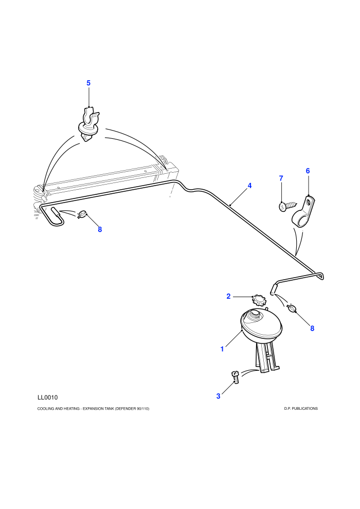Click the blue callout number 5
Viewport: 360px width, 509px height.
(x=88, y=83)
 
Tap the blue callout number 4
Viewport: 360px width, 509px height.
(x=249, y=186)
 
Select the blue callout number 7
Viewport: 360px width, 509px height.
(x=281, y=178)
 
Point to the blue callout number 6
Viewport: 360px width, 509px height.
(x=308, y=171)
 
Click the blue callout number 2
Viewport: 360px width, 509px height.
(x=228, y=296)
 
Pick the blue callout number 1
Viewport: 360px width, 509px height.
(x=222, y=349)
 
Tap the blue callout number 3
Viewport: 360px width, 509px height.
(x=218, y=396)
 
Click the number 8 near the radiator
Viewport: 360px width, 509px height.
(x=100, y=229)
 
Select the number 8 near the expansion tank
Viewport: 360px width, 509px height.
(x=312, y=328)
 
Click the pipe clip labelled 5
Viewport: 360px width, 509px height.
(x=88, y=123)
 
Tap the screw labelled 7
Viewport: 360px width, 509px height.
(x=287, y=206)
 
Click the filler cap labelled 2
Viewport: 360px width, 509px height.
(x=258, y=300)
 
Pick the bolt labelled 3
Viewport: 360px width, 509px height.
(x=236, y=377)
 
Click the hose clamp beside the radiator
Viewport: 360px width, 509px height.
(x=83, y=214)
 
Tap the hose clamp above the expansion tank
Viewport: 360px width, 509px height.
(x=292, y=308)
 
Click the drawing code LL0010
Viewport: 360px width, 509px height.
(x=47, y=397)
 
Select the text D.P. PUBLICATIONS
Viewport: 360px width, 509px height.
(x=301, y=408)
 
